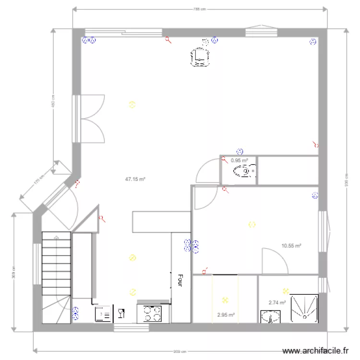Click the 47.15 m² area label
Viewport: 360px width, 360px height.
135,179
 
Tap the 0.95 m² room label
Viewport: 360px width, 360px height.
239,161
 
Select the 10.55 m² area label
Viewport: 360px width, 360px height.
291,246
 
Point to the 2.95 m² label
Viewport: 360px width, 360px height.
226,315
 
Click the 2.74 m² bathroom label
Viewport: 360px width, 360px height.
277,302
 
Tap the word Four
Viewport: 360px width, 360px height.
180,280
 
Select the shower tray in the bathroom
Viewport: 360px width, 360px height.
303,307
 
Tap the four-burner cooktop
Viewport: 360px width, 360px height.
154,313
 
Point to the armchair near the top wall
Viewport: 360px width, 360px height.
201,57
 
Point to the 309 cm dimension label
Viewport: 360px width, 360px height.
13,273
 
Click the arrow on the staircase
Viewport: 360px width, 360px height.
57,237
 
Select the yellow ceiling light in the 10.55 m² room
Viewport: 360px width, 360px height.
252,224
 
